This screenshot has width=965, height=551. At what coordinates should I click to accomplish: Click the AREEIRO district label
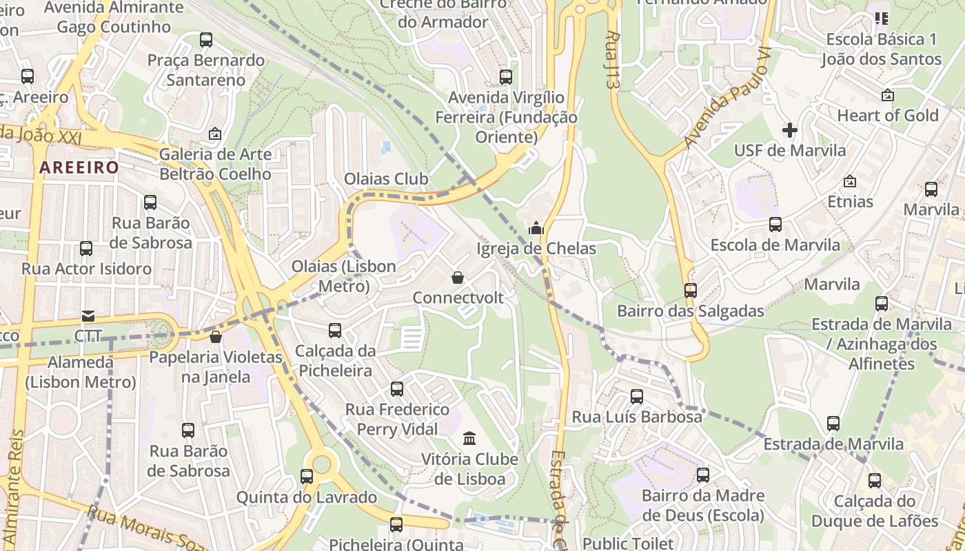tap(79, 167)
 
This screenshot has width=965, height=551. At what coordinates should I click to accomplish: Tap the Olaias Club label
tap(386, 179)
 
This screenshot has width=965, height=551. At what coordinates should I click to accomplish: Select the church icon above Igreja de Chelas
tap(536, 228)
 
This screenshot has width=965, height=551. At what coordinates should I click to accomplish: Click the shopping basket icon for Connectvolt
tap(457, 278)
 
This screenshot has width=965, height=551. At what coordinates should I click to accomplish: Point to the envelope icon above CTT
tap(88, 316)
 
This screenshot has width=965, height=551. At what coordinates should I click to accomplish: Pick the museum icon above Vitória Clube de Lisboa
tap(469, 438)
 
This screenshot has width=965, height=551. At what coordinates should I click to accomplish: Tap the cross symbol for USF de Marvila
tap(790, 129)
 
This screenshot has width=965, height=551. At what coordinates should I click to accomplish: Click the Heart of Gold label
tap(888, 115)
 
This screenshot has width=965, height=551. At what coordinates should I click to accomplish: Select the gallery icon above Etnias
tap(850, 182)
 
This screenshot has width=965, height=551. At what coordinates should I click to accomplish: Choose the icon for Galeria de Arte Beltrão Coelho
tap(215, 134)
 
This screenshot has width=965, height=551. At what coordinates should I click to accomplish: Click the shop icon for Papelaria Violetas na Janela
tap(216, 337)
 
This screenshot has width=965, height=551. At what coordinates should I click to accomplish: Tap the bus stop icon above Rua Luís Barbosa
tap(637, 397)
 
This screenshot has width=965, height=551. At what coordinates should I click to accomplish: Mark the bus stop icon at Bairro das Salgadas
tap(691, 291)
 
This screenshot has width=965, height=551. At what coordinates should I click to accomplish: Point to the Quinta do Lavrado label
tap(307, 497)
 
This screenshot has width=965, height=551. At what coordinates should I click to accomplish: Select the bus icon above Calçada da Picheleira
tap(335, 331)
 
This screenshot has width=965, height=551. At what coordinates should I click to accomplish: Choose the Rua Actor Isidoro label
tap(87, 269)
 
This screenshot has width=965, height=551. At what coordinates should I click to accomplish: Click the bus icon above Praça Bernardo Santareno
tap(206, 40)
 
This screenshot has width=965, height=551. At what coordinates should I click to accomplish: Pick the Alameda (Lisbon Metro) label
tap(81, 371)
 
